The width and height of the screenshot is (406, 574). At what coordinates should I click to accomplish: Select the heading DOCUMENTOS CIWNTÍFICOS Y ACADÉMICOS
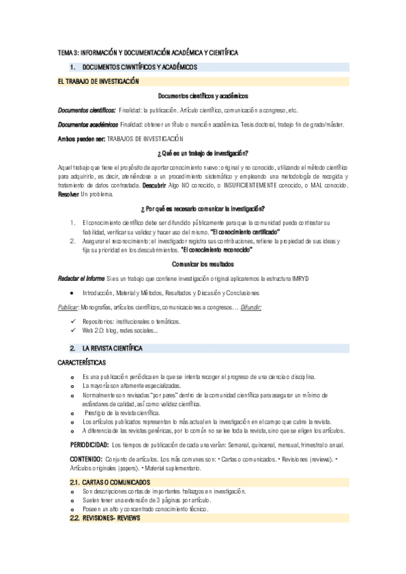[x=139, y=68]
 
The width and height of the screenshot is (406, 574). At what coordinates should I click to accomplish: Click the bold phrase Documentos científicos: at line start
[x=87, y=110]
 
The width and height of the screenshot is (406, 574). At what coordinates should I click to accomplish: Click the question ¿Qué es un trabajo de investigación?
[x=203, y=152]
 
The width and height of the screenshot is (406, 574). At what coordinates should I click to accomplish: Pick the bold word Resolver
[x=68, y=194]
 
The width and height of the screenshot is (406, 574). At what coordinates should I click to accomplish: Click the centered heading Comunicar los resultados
[x=203, y=263]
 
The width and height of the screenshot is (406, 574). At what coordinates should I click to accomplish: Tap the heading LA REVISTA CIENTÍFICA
[x=112, y=348]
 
